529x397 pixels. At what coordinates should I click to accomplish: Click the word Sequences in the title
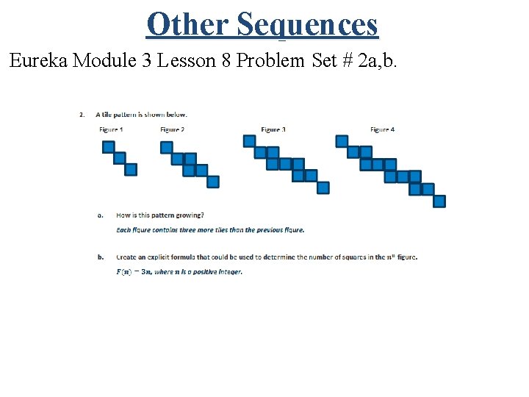click(x=307, y=24)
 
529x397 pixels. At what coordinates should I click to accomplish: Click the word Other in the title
click(x=187, y=24)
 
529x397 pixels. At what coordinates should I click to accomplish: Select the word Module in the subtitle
click(x=109, y=60)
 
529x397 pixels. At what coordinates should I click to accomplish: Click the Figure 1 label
click(x=111, y=129)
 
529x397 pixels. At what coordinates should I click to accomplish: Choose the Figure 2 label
click(x=172, y=129)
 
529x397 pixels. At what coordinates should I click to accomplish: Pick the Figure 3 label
click(x=273, y=129)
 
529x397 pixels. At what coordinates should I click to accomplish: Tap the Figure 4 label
click(x=382, y=129)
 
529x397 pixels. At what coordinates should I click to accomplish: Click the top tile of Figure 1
click(x=108, y=146)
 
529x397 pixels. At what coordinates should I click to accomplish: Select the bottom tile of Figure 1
click(x=131, y=170)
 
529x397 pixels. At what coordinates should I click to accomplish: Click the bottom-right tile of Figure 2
click(x=212, y=182)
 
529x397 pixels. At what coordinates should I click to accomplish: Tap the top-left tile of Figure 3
click(x=249, y=140)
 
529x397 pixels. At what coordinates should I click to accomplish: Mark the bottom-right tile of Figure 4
click(x=439, y=201)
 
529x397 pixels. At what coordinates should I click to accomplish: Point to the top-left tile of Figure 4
click(x=342, y=140)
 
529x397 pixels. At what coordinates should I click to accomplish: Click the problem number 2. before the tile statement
click(x=81, y=114)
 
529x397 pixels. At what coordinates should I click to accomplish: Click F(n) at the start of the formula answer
click(x=125, y=271)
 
